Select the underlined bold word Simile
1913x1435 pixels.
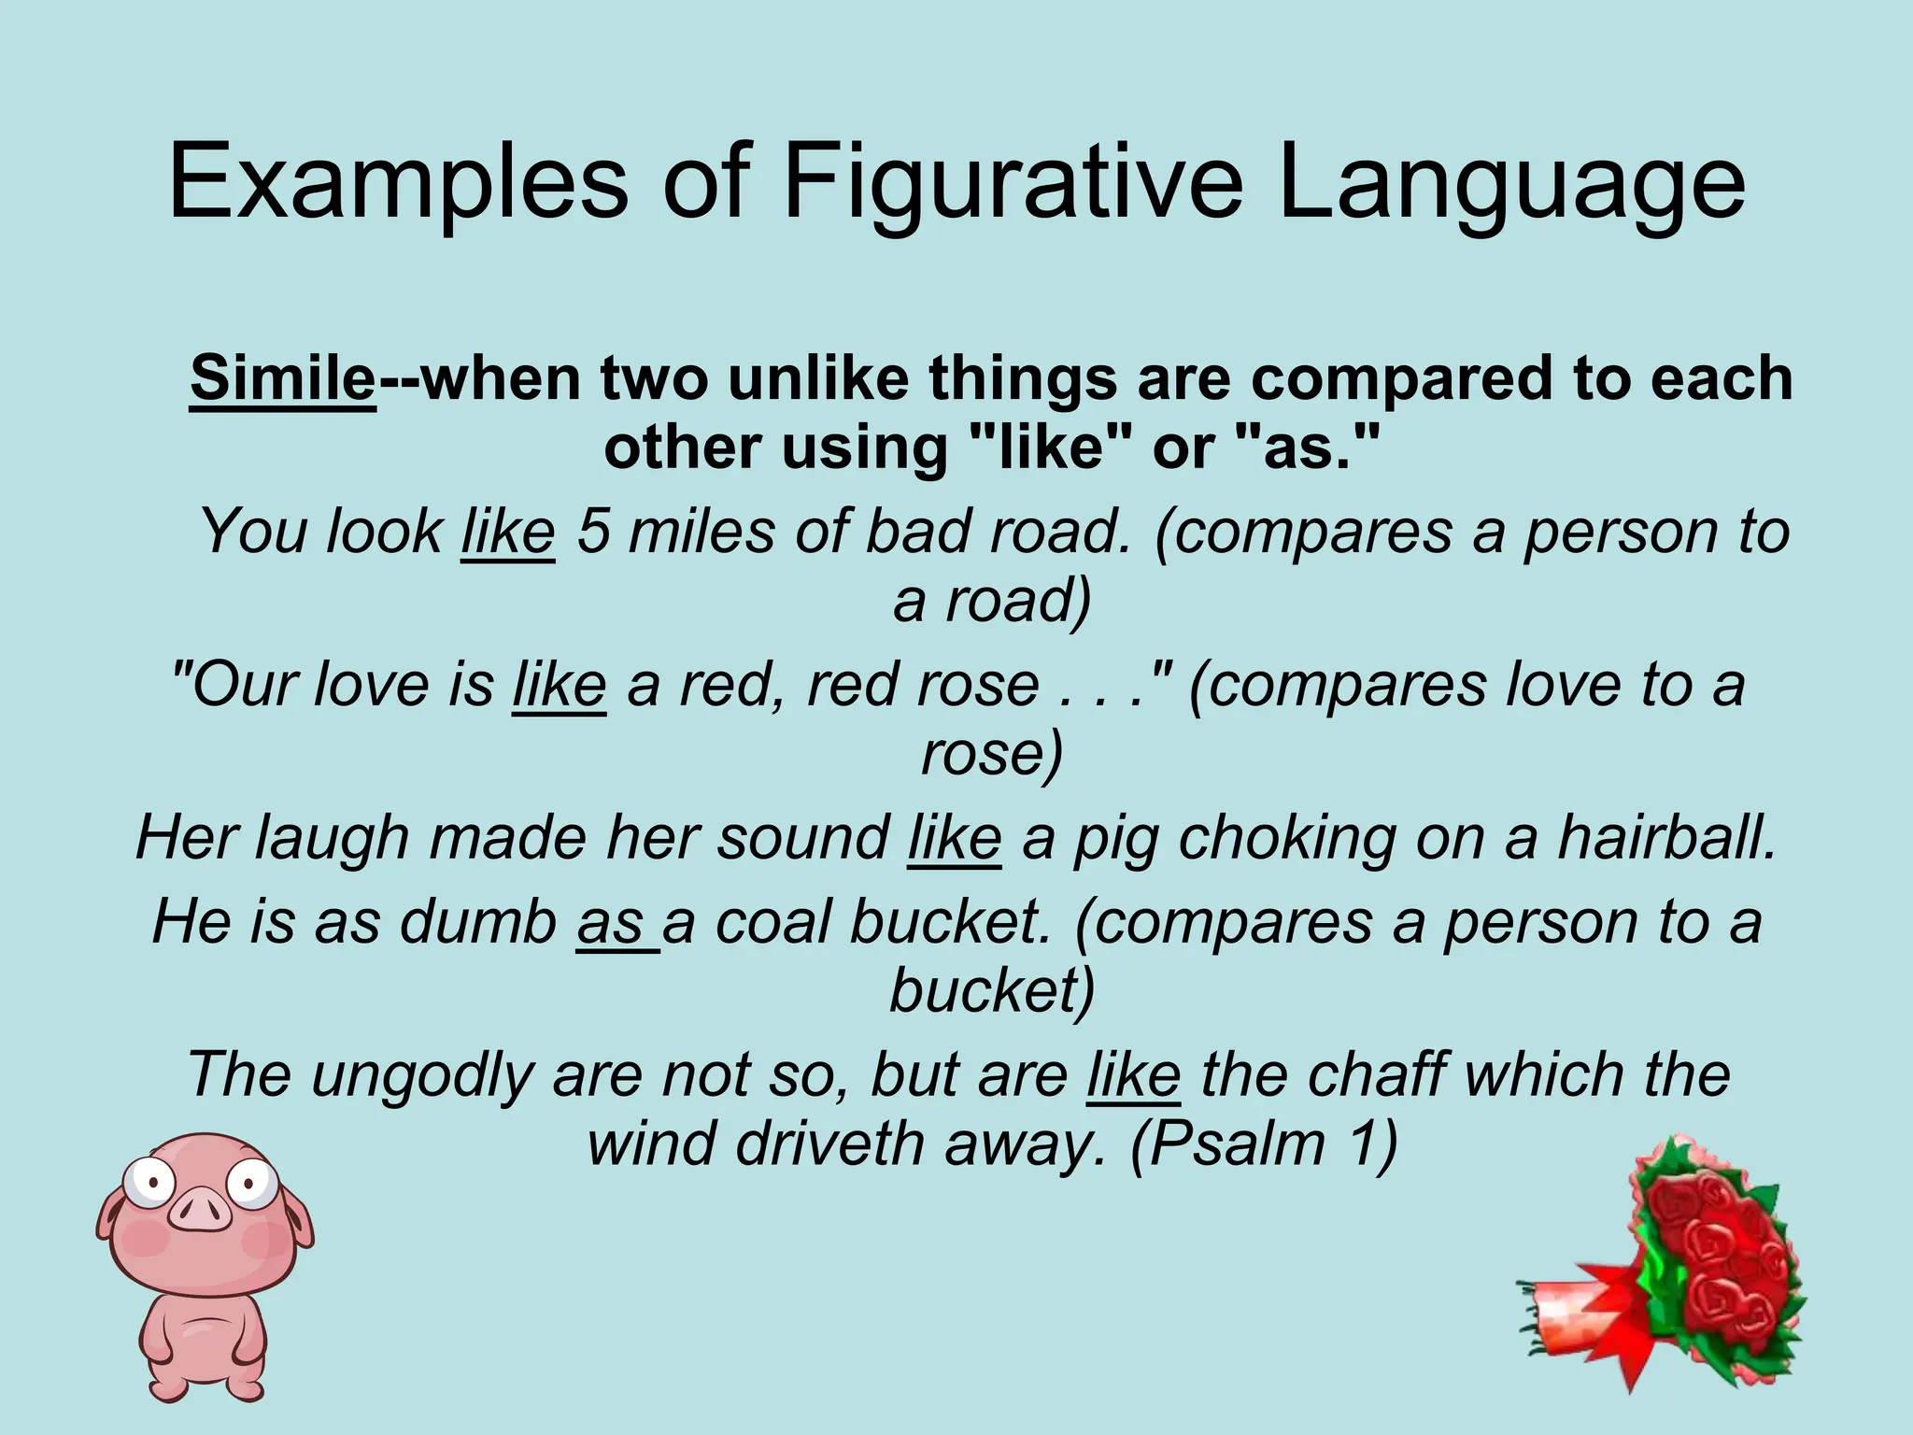[x=282, y=379]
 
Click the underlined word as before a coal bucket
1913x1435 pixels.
[x=611, y=922]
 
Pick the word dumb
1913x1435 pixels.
[x=478, y=922]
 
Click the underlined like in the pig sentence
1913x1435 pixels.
[x=954, y=837]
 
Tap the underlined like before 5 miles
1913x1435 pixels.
[x=508, y=531]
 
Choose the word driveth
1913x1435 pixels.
[x=829, y=1143]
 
